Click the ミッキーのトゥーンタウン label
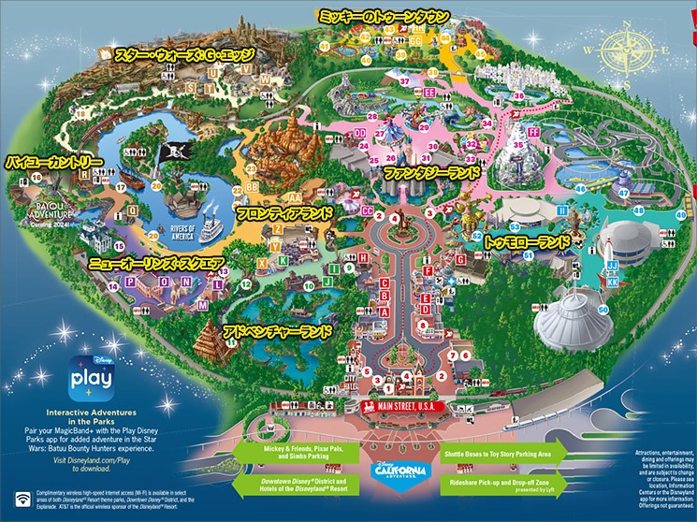(x=385, y=16)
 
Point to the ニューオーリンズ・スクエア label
(x=157, y=265)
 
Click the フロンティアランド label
(x=284, y=214)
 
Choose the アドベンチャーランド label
(x=277, y=331)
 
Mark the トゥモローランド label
(x=527, y=241)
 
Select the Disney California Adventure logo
(x=398, y=468)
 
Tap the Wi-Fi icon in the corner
(x=18, y=498)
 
